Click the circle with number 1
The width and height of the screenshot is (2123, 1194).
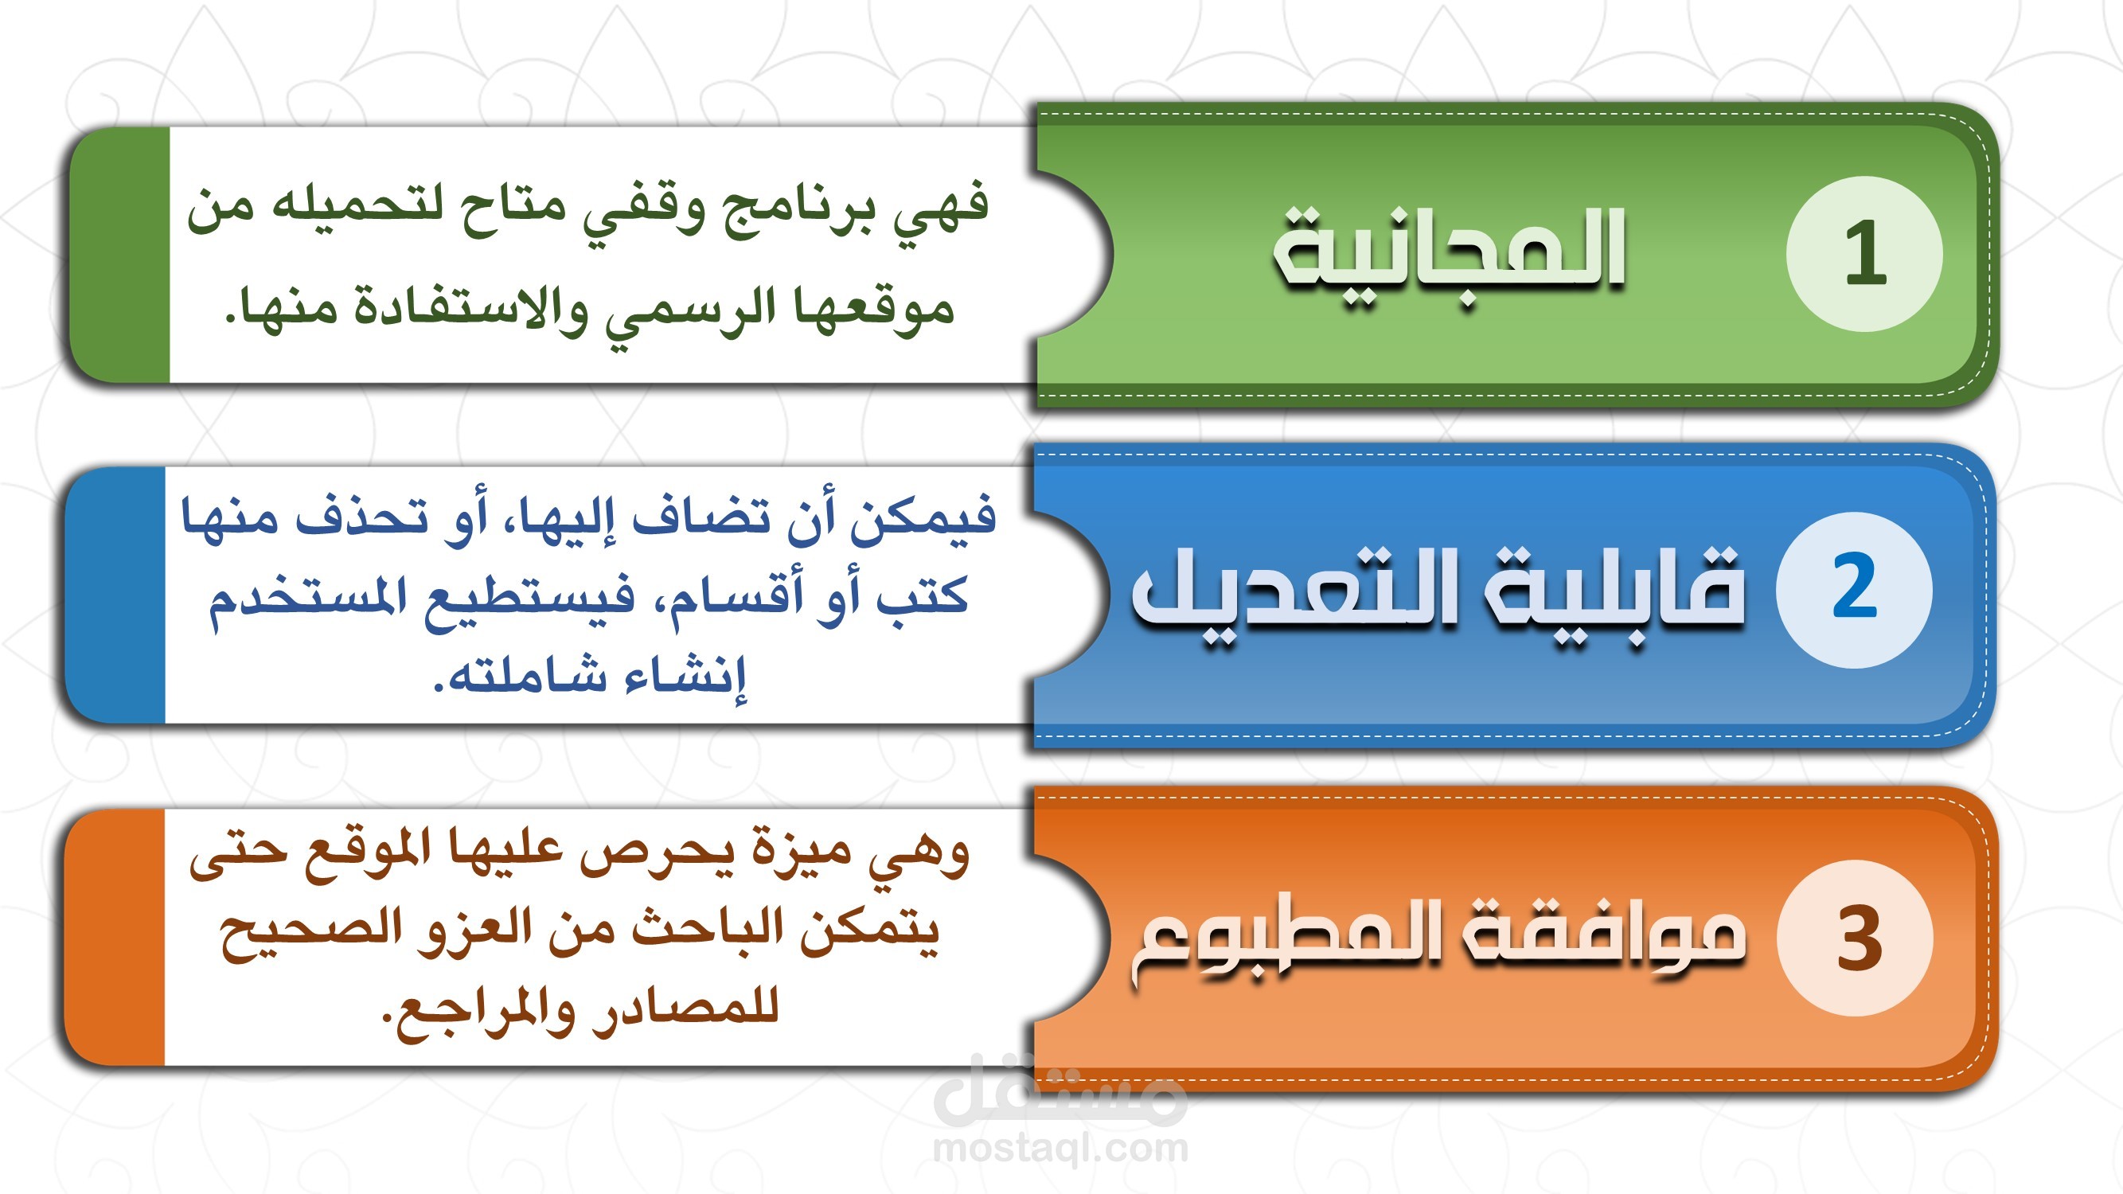tap(1864, 254)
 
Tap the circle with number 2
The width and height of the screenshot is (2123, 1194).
tap(1854, 589)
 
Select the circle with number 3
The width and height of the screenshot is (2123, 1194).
tap(1856, 938)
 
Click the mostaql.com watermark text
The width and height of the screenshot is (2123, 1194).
tap(1060, 1148)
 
